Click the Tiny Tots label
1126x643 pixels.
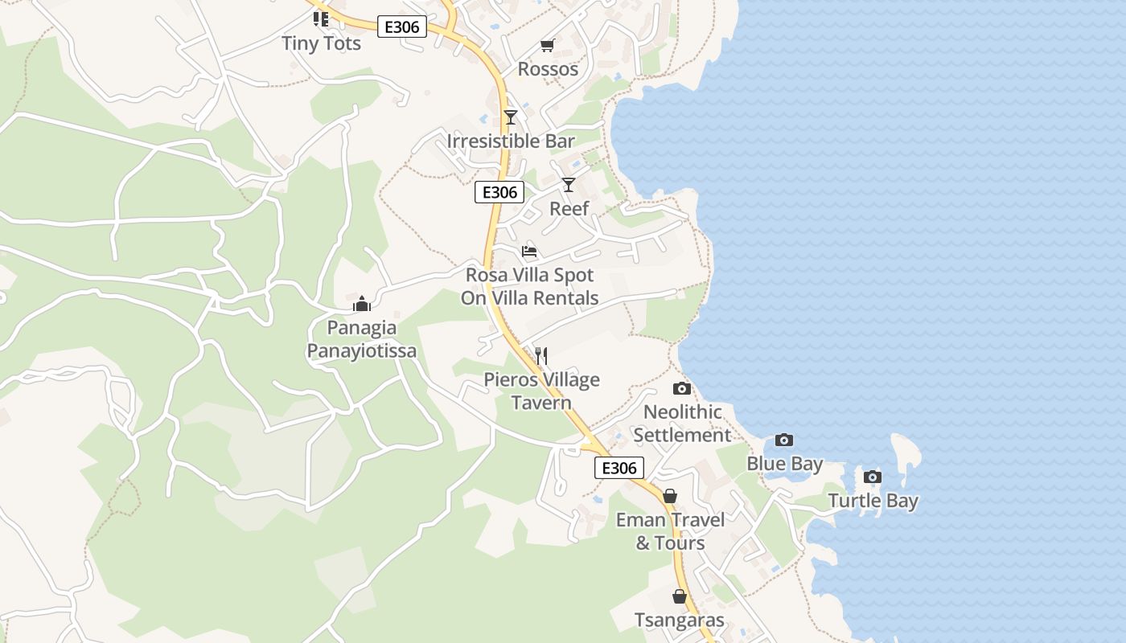click(321, 43)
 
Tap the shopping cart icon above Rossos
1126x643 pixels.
click(548, 45)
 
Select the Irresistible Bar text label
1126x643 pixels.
click(511, 141)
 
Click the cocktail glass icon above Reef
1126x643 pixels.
click(569, 185)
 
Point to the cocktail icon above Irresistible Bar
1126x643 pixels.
click(510, 117)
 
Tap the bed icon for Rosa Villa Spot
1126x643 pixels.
click(529, 252)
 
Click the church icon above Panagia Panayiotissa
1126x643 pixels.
click(362, 304)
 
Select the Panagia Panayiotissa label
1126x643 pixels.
click(362, 339)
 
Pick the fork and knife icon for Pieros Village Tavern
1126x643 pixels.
click(541, 355)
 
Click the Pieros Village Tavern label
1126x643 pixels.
click(541, 391)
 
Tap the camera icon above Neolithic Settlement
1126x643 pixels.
click(681, 389)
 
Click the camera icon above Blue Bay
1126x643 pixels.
click(784, 440)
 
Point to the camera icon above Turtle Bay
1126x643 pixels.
click(873, 477)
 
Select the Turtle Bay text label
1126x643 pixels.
click(873, 502)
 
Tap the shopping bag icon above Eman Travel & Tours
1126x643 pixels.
click(670, 496)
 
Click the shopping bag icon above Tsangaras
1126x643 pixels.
click(680, 596)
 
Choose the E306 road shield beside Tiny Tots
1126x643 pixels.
click(402, 27)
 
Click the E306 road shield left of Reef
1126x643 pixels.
click(499, 193)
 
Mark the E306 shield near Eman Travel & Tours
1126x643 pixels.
click(619, 468)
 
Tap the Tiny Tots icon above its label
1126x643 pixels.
click(321, 19)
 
